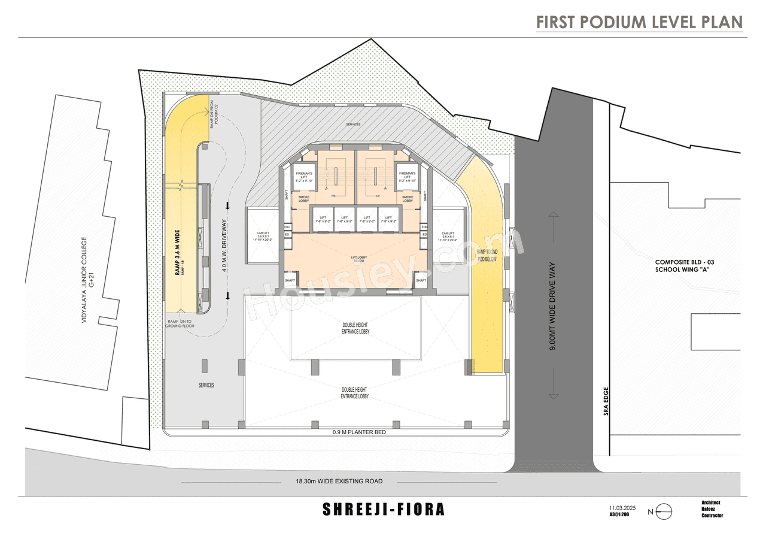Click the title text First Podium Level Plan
[639, 22]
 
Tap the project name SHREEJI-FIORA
[384, 510]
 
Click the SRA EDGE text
[606, 401]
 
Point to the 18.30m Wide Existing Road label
[338, 481]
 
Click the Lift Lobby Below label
[359, 259]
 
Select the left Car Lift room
[263, 236]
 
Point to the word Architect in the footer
[711, 502]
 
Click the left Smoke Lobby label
[304, 199]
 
